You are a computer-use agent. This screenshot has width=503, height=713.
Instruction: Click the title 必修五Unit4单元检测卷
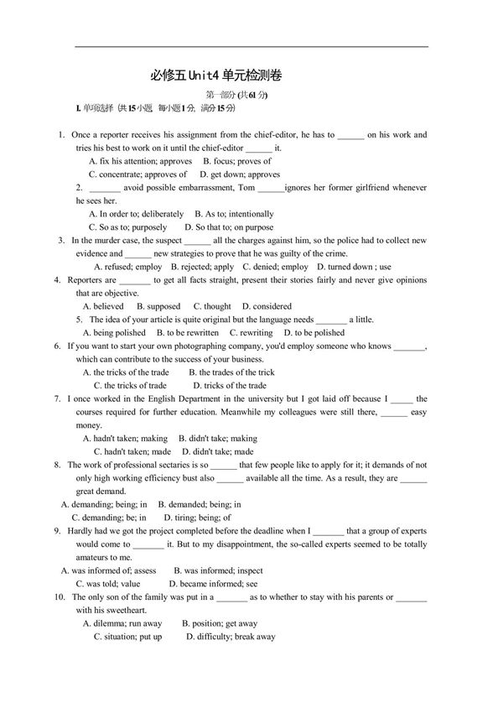click(x=215, y=75)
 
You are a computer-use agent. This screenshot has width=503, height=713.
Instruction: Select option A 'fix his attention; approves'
click(x=141, y=161)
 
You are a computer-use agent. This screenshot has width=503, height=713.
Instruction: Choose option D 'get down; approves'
click(x=240, y=174)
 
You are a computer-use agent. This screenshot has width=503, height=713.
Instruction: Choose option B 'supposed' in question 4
click(x=158, y=306)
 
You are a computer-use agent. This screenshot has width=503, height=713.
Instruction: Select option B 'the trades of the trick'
click(x=231, y=372)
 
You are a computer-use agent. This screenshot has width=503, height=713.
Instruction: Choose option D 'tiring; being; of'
click(x=197, y=518)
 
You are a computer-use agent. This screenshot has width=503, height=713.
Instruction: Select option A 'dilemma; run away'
click(x=122, y=623)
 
